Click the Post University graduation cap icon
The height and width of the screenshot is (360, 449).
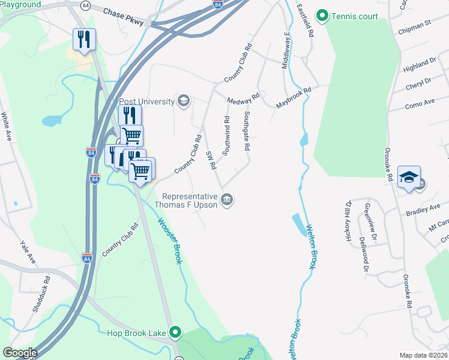pos(183,100)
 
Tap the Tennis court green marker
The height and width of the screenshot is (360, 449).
pos(322,16)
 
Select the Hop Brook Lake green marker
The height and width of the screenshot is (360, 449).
pos(175,331)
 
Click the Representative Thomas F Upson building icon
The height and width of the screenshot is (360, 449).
pos(227,200)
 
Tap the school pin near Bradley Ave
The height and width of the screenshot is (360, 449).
pos(409,177)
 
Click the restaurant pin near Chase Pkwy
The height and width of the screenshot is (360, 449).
pos(84,40)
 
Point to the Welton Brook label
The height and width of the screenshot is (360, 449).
pos(312,246)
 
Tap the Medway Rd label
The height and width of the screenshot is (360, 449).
pos(243,98)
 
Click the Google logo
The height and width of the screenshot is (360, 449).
pos(20,353)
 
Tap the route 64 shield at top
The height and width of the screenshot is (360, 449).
pos(86,5)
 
